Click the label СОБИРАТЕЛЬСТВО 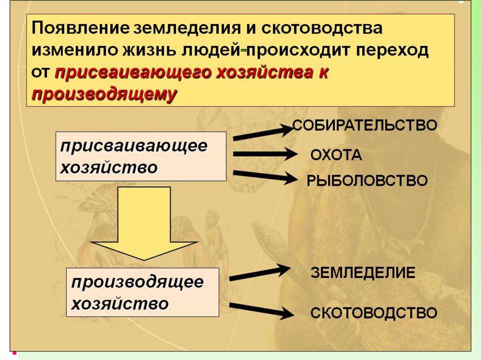pos(365,125)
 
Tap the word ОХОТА pos(336,155)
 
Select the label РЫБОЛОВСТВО pos(367,181)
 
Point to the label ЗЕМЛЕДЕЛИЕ pos(363,273)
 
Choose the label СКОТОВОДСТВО pos(374,313)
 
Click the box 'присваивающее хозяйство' pos(141,156)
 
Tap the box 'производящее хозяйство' pos(143,292)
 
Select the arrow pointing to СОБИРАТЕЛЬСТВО pos(263,132)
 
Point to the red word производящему pos(104,94)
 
